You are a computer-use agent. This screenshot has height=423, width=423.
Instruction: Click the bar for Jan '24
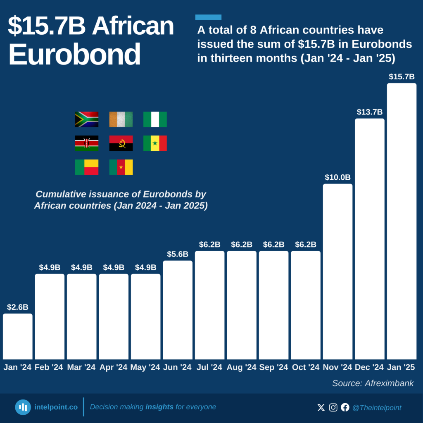pyautogui.click(x=17, y=336)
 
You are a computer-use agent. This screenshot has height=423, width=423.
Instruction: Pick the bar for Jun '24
pyautogui.click(x=178, y=310)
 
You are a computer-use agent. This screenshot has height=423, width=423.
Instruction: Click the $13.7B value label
pyautogui.click(x=369, y=112)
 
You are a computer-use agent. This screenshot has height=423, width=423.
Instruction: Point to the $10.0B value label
pyautogui.click(x=337, y=177)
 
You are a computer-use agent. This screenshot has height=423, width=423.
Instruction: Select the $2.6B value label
pyautogui.click(x=17, y=307)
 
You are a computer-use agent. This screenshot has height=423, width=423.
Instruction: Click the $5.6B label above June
pyautogui.click(x=178, y=254)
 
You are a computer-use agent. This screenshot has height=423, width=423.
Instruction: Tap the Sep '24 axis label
pyautogui.click(x=273, y=367)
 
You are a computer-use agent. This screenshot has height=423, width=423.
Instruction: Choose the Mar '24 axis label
pyautogui.click(x=81, y=367)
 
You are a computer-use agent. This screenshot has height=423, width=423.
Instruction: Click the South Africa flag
pyautogui.click(x=87, y=119)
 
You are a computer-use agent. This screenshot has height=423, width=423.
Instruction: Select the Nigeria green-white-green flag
pyautogui.click(x=155, y=119)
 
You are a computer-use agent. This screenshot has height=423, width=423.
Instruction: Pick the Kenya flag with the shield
pyautogui.click(x=87, y=143)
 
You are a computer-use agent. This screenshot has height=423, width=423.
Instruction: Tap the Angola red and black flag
pyautogui.click(x=121, y=143)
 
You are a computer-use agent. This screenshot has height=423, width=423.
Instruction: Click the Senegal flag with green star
pyautogui.click(x=155, y=143)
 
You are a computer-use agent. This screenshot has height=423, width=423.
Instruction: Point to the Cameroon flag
pyautogui.click(x=121, y=167)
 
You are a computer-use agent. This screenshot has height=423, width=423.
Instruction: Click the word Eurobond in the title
pyautogui.click(x=74, y=54)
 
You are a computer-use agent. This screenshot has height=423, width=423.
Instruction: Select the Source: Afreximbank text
pyautogui.click(x=373, y=383)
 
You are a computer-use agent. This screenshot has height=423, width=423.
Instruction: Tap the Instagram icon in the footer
pyautogui.click(x=333, y=407)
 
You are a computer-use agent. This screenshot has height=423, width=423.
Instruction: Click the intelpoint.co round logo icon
pyautogui.click(x=23, y=407)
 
